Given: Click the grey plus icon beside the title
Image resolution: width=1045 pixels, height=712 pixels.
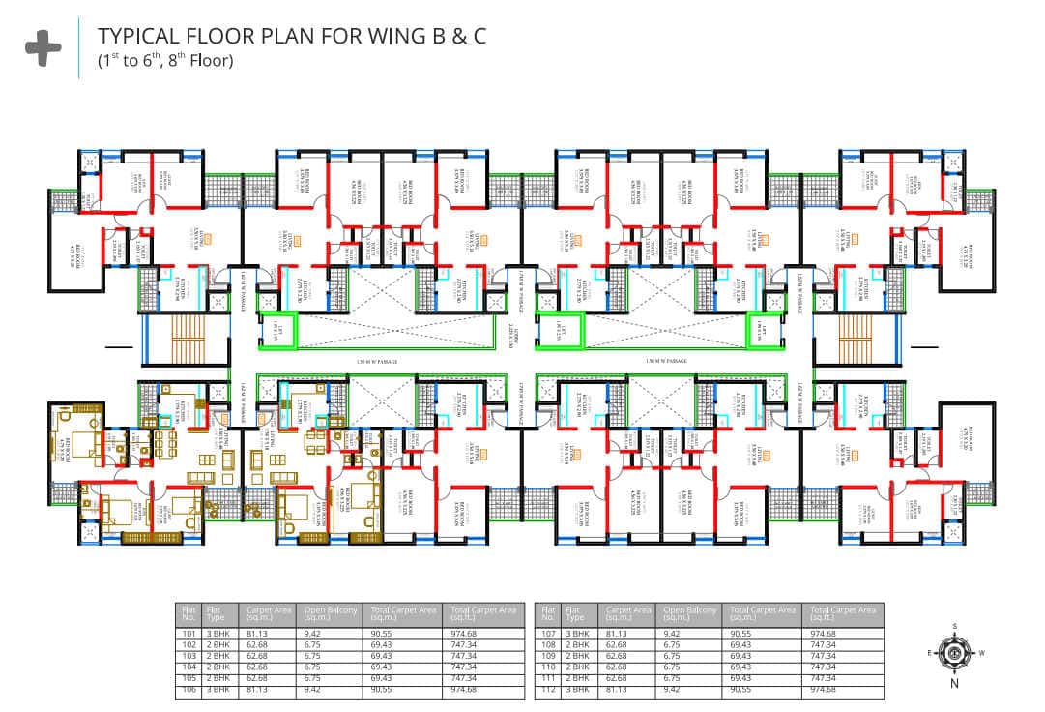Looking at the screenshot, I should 43,49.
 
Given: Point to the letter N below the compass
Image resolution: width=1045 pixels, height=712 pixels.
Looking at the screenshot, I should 954,684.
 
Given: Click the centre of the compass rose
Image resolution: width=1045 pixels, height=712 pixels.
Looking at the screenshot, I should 954,652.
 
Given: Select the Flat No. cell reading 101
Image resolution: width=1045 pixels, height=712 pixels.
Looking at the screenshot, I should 189,635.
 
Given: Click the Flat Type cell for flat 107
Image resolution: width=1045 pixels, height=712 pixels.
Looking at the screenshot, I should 577,635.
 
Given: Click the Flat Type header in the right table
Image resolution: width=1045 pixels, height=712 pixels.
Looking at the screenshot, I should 578,613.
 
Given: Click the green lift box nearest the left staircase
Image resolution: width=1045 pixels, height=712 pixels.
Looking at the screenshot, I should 277,331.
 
